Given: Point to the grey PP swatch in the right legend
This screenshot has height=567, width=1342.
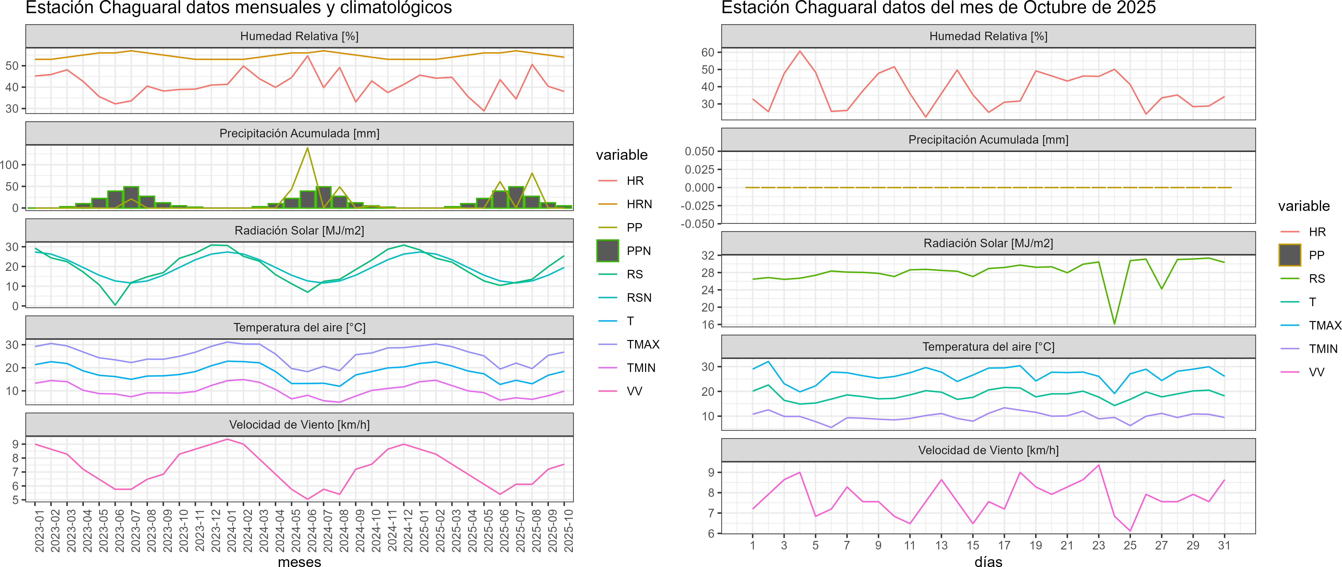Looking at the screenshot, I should coord(1289,255).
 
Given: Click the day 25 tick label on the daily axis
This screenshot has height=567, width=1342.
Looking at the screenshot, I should coord(1130,545).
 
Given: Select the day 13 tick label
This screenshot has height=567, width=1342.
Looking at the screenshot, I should coord(941,545).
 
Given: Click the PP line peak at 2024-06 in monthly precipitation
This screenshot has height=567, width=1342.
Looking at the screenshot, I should coord(307,148).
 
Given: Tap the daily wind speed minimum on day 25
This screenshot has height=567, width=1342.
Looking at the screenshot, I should coord(1130,530).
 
